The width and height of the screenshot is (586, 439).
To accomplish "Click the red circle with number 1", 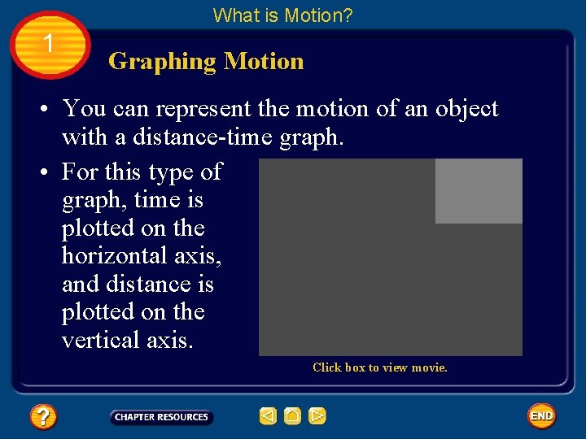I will pyautogui.click(x=49, y=44).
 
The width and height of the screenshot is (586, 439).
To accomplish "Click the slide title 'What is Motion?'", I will pyautogui.click(x=282, y=15).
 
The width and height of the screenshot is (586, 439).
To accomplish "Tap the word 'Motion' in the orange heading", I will pyautogui.click(x=264, y=61).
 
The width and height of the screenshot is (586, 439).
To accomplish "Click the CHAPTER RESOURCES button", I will pyautogui.click(x=161, y=417).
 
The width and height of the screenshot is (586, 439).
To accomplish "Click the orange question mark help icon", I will pyautogui.click(x=42, y=417).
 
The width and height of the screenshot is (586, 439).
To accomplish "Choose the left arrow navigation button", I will pyautogui.click(x=268, y=417).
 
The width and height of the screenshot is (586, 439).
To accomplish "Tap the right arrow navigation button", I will pyautogui.click(x=317, y=417).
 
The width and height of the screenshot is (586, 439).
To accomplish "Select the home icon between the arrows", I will pyautogui.click(x=293, y=417).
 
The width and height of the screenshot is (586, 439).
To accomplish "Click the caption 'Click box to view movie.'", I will pyautogui.click(x=380, y=367).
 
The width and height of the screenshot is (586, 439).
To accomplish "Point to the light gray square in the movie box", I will pyautogui.click(x=479, y=191).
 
